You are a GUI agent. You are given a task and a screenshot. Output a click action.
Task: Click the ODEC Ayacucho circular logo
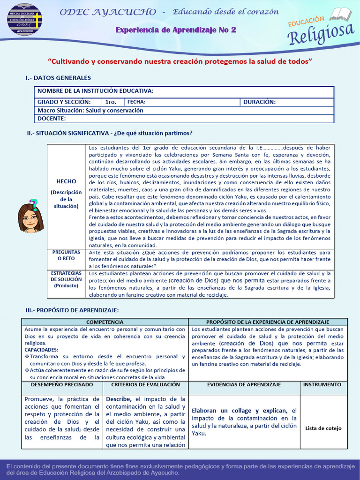(x=24, y=19)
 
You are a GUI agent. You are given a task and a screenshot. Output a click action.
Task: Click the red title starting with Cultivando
(x=180, y=61)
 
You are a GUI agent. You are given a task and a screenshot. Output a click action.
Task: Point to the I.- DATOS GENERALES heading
(x=58, y=78)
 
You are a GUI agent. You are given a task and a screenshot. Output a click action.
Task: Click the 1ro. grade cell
(x=111, y=102)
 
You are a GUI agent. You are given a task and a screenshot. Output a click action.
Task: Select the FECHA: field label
(x=136, y=102)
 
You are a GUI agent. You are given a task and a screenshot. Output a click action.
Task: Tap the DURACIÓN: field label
(x=259, y=102)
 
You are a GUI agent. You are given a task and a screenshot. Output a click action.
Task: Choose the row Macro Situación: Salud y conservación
(x=90, y=111)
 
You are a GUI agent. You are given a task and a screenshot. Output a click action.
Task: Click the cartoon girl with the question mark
(x=30, y=216)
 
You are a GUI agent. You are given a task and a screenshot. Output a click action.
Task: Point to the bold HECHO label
(x=66, y=181)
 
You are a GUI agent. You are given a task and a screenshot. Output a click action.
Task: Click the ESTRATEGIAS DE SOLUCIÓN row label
(x=66, y=279)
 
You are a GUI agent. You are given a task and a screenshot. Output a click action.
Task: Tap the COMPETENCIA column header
(x=105, y=322)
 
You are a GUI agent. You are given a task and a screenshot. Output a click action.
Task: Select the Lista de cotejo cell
(x=323, y=428)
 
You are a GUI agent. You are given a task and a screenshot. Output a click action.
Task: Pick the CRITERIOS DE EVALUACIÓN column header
(x=145, y=384)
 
